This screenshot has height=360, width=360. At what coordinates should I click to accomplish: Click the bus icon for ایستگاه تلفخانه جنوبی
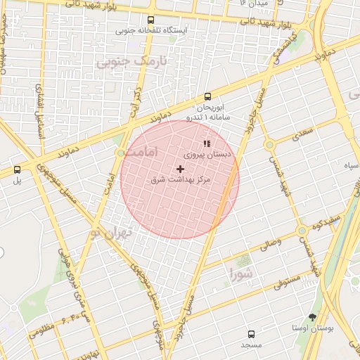(151, 20)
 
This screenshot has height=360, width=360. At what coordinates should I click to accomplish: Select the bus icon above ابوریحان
(207, 97)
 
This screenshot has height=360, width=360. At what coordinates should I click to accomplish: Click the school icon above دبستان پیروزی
(207, 143)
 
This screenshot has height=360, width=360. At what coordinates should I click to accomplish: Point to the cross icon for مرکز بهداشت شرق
(181, 169)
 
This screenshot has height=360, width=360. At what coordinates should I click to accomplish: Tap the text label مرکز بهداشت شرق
(181, 180)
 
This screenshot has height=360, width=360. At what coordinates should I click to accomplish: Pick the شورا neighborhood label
(240, 272)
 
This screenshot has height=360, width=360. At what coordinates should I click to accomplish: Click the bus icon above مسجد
(251, 334)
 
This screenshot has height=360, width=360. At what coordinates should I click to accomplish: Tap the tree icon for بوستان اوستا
(312, 317)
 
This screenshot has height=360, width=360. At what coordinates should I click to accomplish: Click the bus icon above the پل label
(17, 169)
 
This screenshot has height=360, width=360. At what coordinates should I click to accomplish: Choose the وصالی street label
(271, 244)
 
